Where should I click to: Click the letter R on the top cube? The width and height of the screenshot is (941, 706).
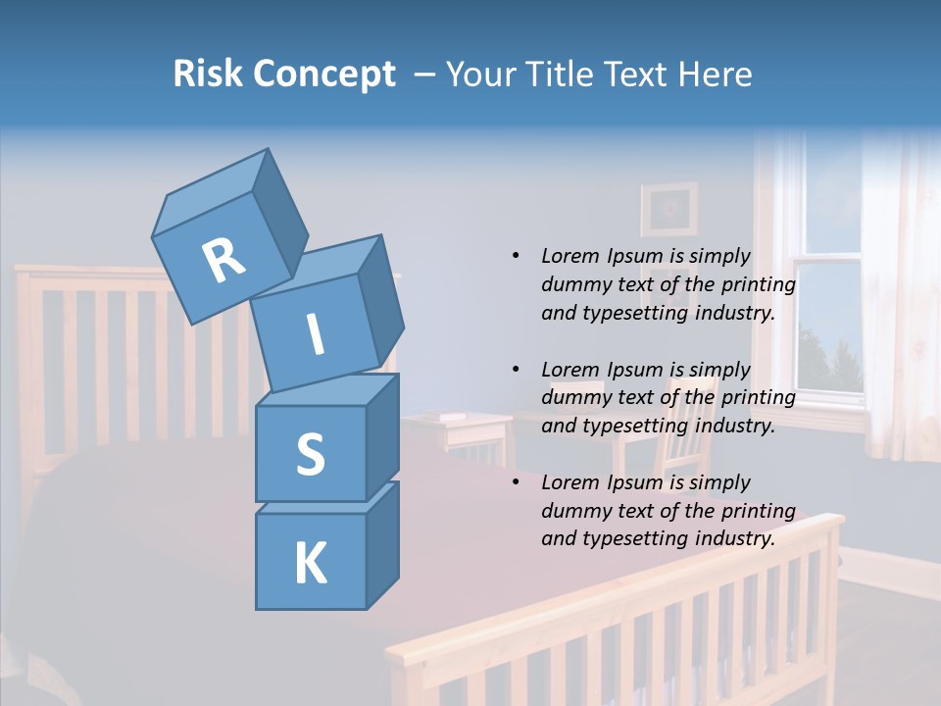click(x=223, y=261)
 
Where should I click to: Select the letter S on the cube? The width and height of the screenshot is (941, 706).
click(x=310, y=454)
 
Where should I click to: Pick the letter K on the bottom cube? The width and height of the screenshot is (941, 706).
click(x=310, y=564)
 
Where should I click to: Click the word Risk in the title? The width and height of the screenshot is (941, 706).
click(x=207, y=74)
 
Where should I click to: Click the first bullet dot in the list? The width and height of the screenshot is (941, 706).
click(x=516, y=256)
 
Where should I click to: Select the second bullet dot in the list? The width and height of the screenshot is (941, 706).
click(x=516, y=370)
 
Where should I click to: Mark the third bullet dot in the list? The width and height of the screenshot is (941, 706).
click(x=516, y=482)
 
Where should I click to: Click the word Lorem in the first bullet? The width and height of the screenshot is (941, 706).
click(x=570, y=256)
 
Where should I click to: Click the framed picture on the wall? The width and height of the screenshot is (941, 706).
click(x=669, y=209)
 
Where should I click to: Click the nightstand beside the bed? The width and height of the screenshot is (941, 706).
click(x=461, y=431)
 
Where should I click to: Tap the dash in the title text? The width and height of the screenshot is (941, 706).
click(x=424, y=75)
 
